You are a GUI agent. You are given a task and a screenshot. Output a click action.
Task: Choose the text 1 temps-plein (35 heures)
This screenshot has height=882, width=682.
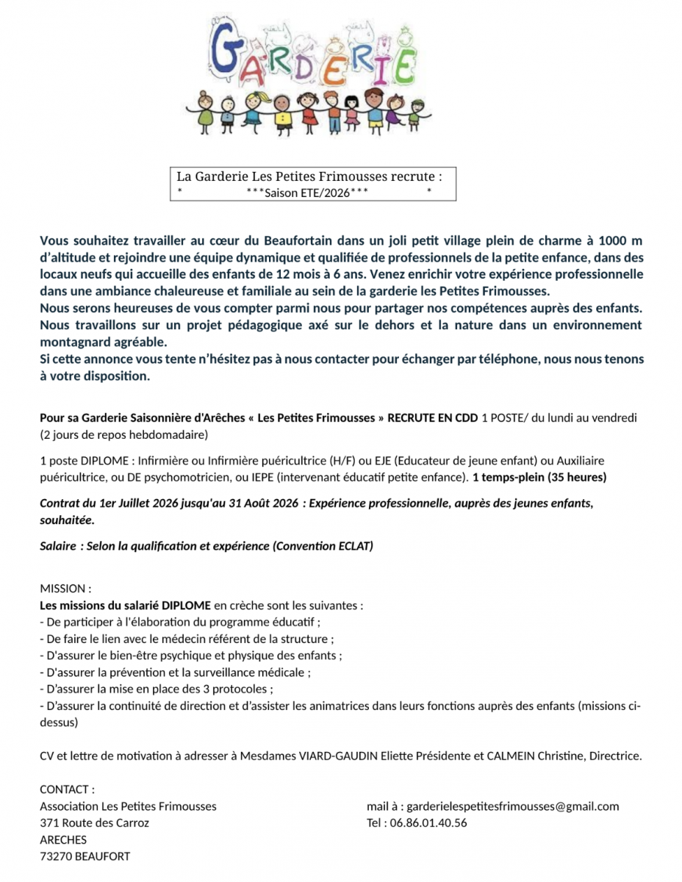click(539, 477)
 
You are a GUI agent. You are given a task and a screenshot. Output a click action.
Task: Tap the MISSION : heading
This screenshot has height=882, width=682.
click(65, 589)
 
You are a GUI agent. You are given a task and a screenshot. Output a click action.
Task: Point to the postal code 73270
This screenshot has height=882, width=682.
click(56, 856)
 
